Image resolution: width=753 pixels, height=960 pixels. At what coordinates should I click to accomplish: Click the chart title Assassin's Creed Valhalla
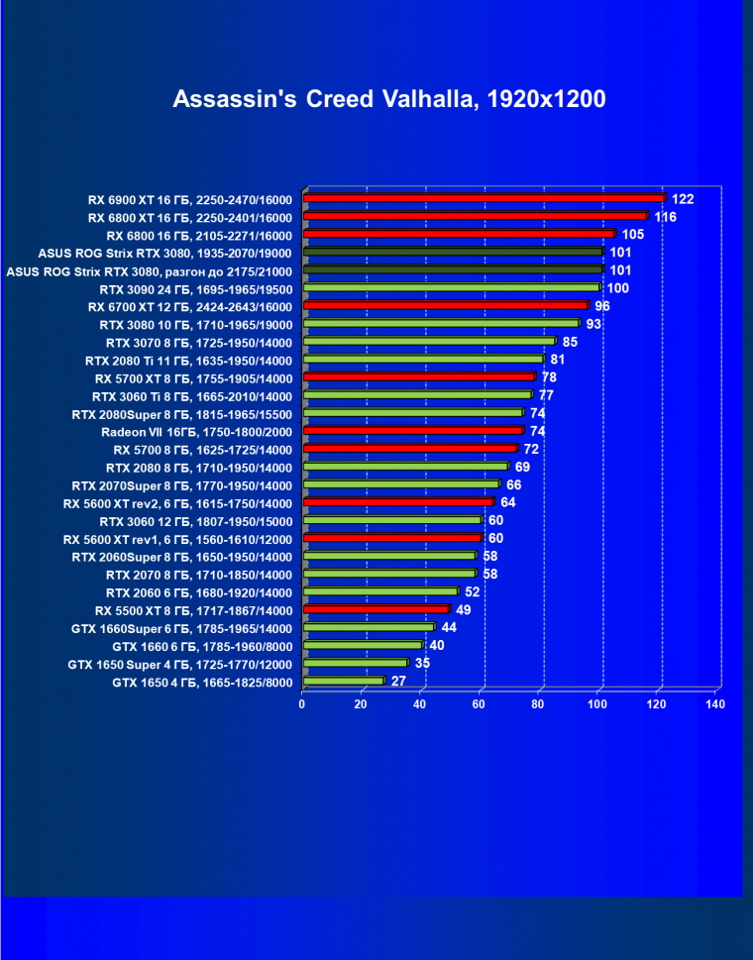(x=388, y=99)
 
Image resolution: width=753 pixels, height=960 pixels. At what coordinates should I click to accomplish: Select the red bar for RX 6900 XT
(x=484, y=198)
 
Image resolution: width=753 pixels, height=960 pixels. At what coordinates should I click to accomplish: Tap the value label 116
(x=665, y=216)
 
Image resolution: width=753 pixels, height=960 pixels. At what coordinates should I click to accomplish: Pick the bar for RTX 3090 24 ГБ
(x=452, y=288)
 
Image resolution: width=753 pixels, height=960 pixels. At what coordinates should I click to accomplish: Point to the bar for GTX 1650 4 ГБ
(x=343, y=682)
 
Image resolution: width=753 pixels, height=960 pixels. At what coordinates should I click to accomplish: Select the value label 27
(x=398, y=682)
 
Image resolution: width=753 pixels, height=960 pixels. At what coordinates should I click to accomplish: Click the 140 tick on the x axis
(x=715, y=704)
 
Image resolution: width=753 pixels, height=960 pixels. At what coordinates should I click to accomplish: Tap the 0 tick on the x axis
(x=302, y=704)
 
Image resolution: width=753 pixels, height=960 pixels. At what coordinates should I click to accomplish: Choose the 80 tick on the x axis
(x=538, y=704)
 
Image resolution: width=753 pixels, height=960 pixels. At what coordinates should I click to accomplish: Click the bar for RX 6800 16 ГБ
(x=459, y=235)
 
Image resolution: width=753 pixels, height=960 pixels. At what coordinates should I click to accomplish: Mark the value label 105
(x=633, y=234)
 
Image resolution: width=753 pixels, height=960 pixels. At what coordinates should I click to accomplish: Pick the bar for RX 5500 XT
(x=376, y=609)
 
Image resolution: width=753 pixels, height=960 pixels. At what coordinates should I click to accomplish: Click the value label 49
(x=463, y=609)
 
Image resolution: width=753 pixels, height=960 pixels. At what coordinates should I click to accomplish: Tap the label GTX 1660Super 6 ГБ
(x=181, y=628)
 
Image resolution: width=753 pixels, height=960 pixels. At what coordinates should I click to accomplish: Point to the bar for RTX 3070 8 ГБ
(x=429, y=342)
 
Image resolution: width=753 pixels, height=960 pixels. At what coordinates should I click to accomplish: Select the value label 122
(x=683, y=198)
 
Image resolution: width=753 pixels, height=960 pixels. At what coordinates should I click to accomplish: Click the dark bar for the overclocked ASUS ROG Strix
(x=453, y=270)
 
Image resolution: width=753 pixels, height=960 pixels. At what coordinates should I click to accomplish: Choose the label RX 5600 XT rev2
(x=177, y=503)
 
